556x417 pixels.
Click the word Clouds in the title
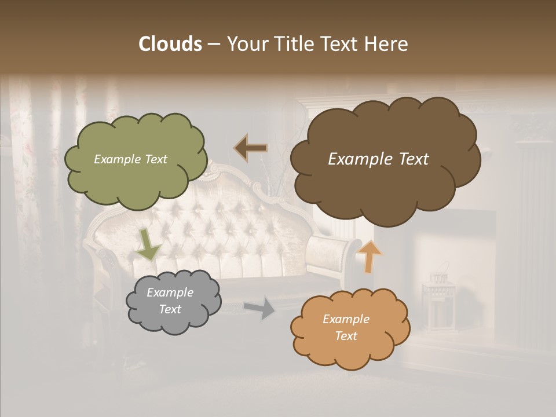coord(170,44)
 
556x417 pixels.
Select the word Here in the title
coord(387,44)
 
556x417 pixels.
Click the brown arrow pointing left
coord(251,148)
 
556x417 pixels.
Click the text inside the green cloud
coord(130,159)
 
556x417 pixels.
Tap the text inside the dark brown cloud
coord(378,159)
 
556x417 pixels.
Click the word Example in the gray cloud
coord(170,292)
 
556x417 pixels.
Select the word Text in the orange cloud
coord(346,336)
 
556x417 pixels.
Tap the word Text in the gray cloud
coord(170,309)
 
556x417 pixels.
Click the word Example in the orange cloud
coord(346,319)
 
